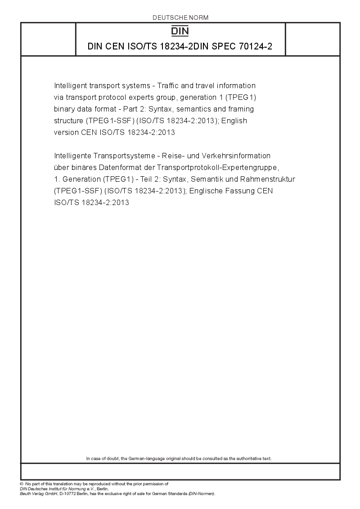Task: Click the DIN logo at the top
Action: tap(180, 31)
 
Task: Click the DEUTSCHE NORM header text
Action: tap(180, 18)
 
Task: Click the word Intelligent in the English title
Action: tap(69, 85)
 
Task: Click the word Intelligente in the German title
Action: tap(72, 156)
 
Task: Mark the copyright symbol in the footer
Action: tap(22, 484)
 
